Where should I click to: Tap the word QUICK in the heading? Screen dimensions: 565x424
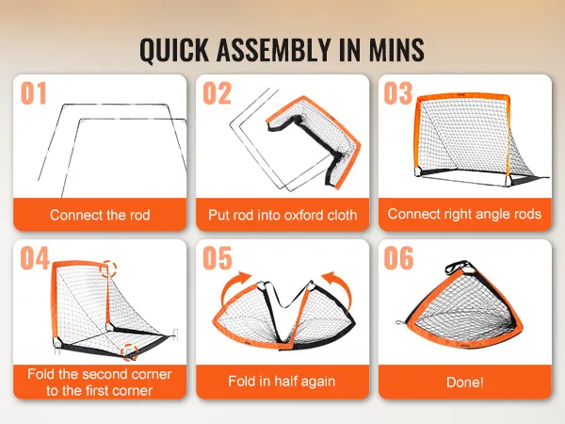(x=174, y=51)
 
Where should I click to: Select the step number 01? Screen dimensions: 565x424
(x=34, y=93)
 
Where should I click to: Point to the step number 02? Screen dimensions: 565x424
(x=217, y=93)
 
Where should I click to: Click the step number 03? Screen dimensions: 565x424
(x=398, y=93)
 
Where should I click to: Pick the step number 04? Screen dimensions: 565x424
(x=35, y=258)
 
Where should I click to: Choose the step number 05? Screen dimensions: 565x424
(x=218, y=258)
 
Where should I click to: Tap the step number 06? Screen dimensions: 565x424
(x=398, y=258)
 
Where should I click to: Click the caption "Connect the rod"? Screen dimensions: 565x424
(x=100, y=215)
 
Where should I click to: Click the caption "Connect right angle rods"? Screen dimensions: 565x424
(x=464, y=214)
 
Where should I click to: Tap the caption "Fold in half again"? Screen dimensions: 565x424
(x=282, y=381)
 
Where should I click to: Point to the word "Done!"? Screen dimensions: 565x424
(x=465, y=383)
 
